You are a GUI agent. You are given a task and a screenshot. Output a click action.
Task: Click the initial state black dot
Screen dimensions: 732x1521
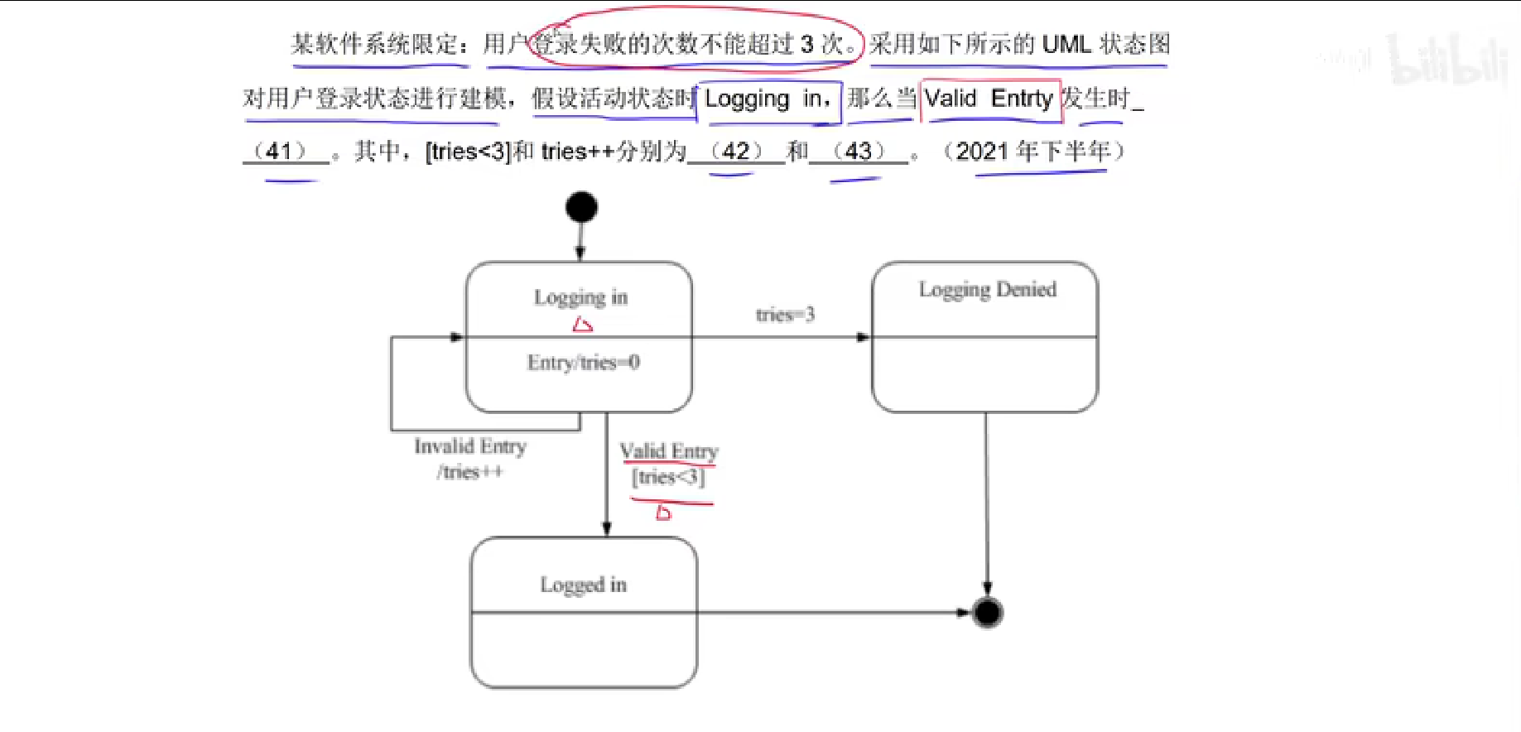click(581, 207)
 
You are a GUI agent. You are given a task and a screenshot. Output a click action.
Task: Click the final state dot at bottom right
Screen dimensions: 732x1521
click(987, 613)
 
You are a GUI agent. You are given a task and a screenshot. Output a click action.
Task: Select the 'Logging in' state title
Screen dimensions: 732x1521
click(580, 297)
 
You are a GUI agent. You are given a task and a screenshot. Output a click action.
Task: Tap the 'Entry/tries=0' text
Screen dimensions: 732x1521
click(583, 363)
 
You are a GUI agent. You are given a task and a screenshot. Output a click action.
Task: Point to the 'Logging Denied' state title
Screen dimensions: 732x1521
click(987, 290)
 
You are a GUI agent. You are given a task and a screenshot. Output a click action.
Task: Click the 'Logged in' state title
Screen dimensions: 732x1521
click(583, 585)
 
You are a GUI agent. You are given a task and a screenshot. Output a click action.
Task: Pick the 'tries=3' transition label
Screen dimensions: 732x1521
click(785, 315)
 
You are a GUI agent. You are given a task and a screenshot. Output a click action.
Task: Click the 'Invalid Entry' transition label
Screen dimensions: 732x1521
click(470, 446)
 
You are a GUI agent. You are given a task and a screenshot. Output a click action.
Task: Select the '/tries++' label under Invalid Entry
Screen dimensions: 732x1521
click(469, 472)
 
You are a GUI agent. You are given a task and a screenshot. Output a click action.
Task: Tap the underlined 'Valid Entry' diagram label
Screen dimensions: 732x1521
click(669, 451)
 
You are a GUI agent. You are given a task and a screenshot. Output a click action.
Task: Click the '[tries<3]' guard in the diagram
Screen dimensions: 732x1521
click(668, 477)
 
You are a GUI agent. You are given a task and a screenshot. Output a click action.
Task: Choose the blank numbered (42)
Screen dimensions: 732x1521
click(735, 152)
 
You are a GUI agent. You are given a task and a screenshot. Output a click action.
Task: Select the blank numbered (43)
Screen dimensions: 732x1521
click(858, 152)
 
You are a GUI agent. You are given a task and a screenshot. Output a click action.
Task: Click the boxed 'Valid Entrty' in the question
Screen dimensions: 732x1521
click(989, 99)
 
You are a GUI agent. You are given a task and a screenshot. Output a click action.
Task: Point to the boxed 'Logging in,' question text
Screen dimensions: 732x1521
click(768, 99)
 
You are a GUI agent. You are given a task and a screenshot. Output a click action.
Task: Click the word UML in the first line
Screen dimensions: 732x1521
click(1066, 44)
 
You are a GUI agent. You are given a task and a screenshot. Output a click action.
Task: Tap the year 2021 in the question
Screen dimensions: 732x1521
click(983, 152)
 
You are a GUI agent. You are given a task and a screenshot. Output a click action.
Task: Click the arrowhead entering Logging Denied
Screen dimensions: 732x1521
click(864, 337)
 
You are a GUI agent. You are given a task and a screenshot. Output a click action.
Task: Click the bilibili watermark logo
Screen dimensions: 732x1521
click(1446, 60)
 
